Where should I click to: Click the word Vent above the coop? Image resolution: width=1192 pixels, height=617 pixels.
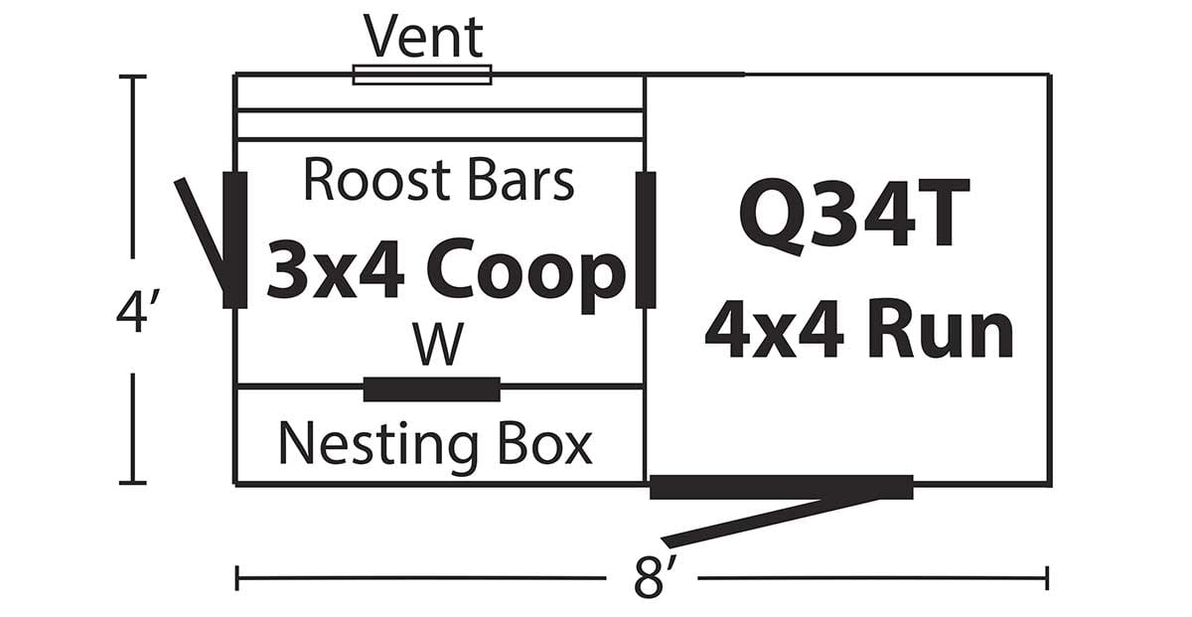423,37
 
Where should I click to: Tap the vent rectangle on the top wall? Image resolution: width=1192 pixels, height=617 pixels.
422,75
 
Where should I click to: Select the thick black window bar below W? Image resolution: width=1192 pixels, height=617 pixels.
431,389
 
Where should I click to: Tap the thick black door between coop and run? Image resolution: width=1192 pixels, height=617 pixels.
646,238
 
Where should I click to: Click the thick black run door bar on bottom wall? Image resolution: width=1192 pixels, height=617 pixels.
781,487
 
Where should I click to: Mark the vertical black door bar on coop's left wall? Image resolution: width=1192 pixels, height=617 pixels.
234,239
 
